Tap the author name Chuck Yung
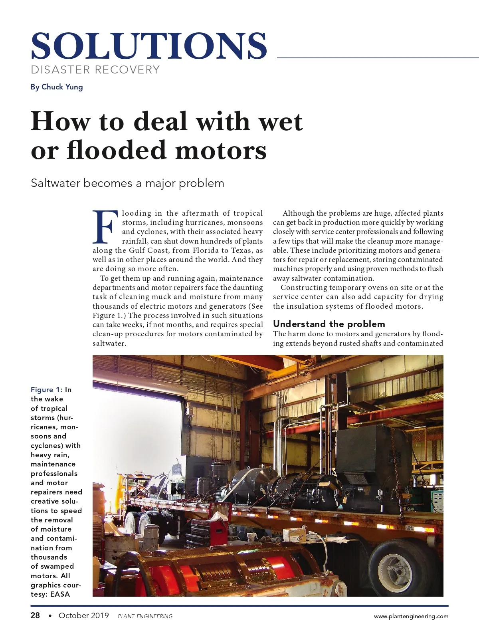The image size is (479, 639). point(62,87)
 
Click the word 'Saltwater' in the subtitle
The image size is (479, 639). point(55,183)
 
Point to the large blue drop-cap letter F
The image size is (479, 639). point(105,227)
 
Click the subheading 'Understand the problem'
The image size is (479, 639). point(329,324)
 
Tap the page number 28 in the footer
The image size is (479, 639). point(35,615)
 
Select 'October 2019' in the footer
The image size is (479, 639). point(83,615)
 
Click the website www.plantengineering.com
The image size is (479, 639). point(411,616)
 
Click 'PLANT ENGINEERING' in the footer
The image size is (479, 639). point(145,616)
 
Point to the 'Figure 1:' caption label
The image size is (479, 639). point(46,390)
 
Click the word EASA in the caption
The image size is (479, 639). point(60,594)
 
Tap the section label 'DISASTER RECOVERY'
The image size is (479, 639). point(95,70)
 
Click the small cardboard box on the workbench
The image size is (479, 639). point(294,534)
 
